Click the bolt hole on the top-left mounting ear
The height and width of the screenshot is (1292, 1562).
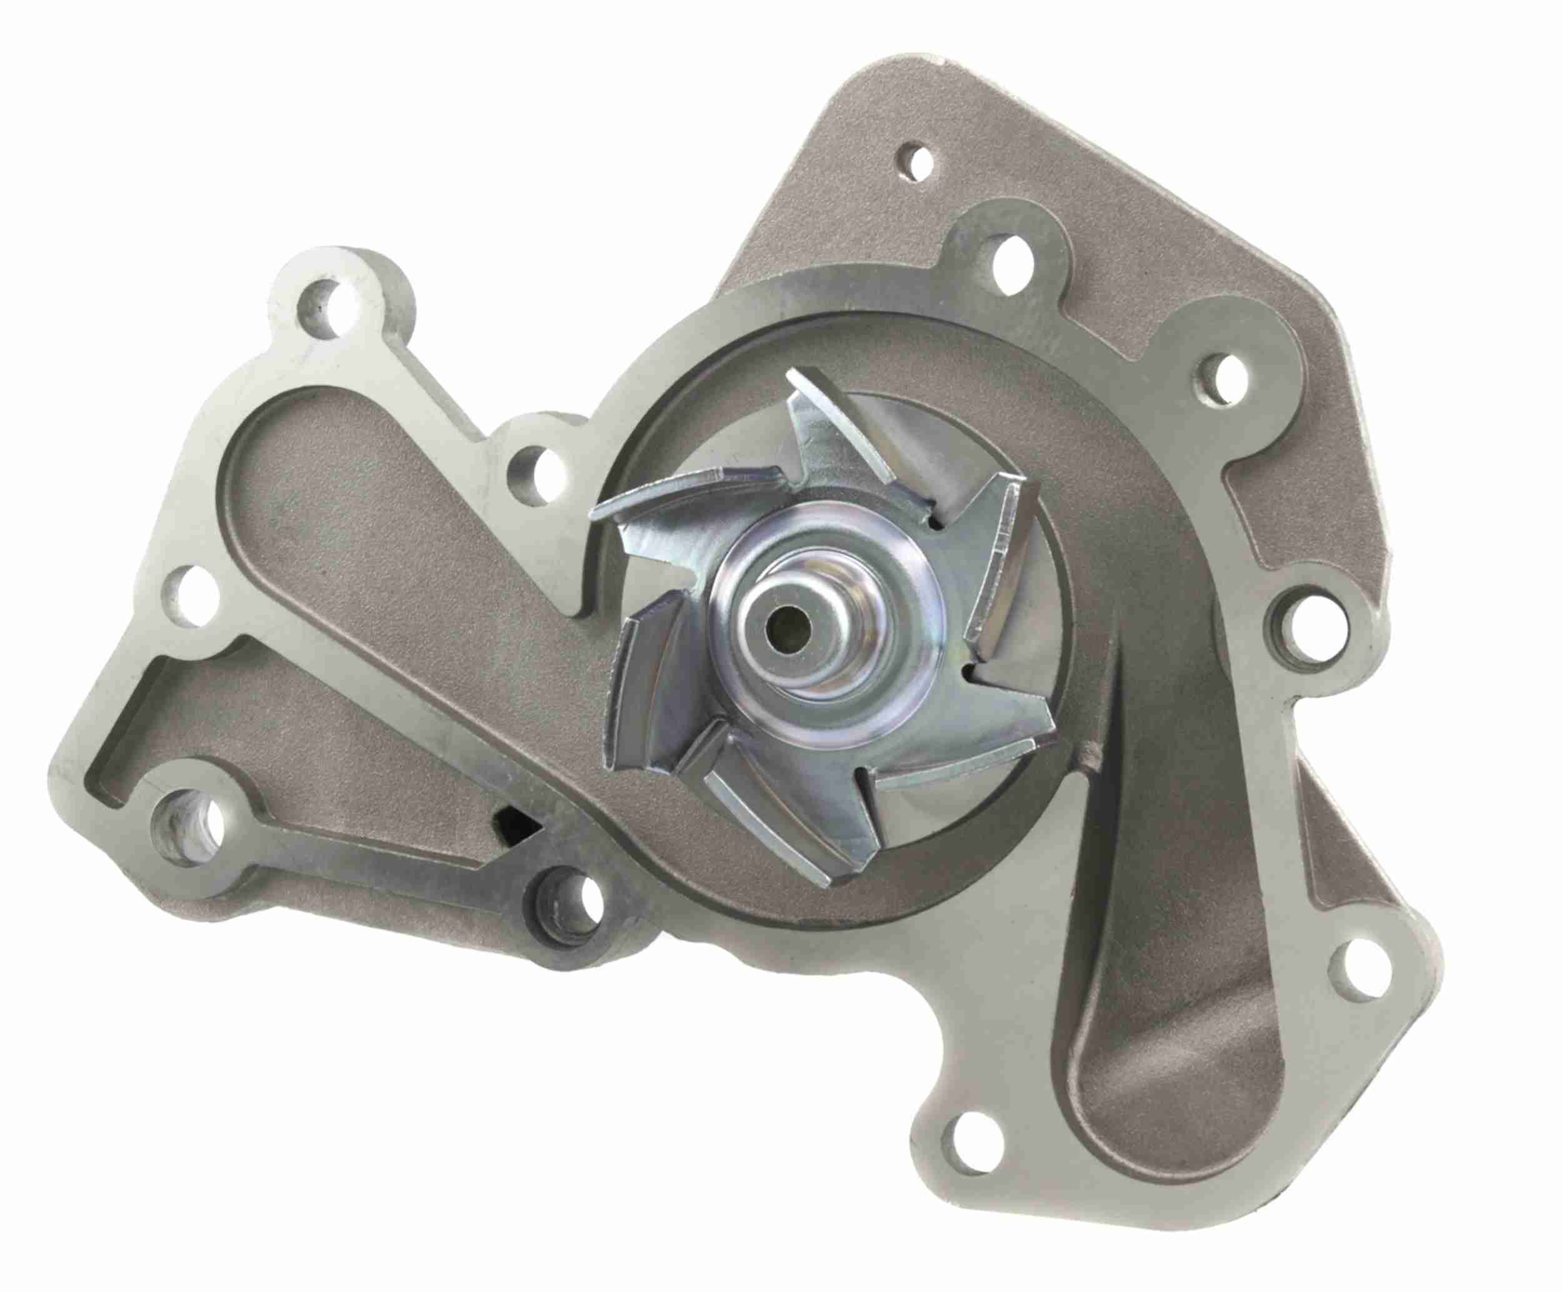point(324,304)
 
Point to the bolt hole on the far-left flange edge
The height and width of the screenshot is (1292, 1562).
point(192,595)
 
